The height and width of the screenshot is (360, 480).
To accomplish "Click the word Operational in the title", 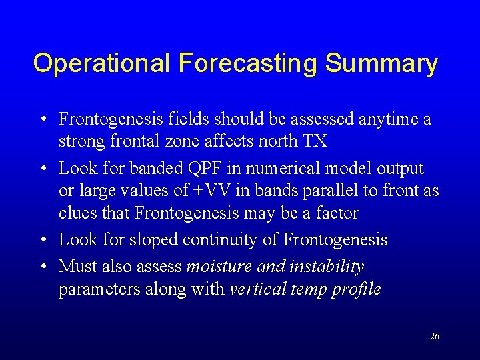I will point(102,64).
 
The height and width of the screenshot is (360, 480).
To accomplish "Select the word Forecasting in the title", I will point(247,64).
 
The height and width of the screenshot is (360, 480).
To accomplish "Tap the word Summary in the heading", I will point(381,64).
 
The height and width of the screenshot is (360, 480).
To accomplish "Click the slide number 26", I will point(434,337).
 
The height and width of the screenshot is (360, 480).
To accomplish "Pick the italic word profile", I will point(359,289).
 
